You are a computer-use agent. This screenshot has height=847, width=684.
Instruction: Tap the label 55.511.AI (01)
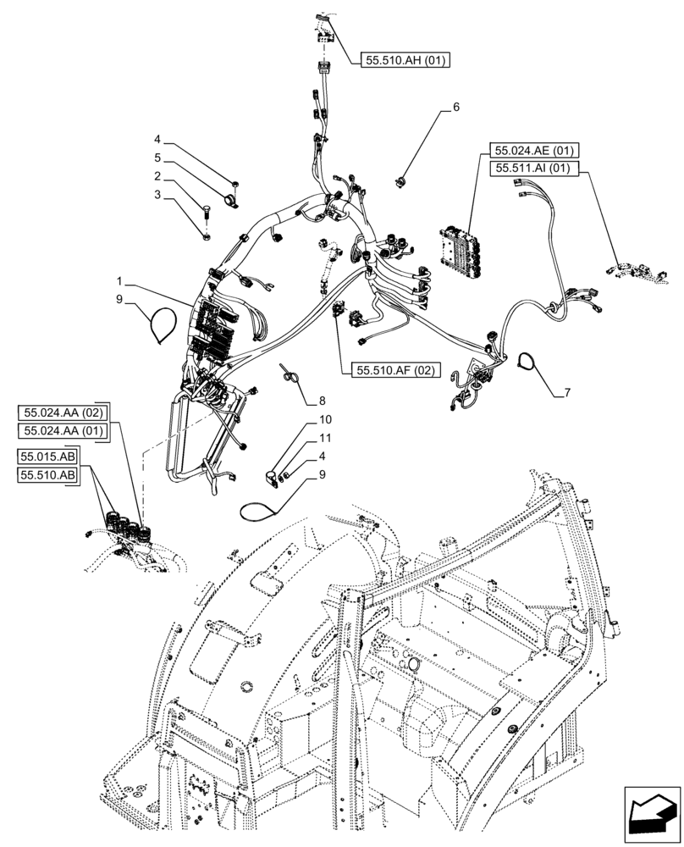pos(532,169)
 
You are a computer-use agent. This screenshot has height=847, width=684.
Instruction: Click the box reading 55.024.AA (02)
pos(63,412)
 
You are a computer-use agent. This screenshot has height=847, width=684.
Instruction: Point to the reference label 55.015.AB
pos(47,458)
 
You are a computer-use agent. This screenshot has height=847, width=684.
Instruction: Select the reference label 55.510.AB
pos(47,476)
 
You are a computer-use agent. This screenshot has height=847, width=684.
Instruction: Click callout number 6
pos(455,108)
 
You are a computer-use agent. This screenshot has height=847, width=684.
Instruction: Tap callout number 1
pos(121,280)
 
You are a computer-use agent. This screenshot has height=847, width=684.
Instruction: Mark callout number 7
pos(566,393)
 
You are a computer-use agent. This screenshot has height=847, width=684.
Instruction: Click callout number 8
pos(322,399)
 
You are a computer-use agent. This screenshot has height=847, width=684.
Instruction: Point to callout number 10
pos(325,420)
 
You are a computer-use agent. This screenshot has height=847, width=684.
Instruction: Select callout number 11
pos(325,438)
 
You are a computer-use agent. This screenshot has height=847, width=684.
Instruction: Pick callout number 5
pos(157,158)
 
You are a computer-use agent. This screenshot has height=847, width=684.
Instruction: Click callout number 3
pos(157,195)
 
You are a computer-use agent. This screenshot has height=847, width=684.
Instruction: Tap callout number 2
pos(157,176)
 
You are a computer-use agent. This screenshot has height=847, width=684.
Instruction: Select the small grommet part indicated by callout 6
pos(401,179)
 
